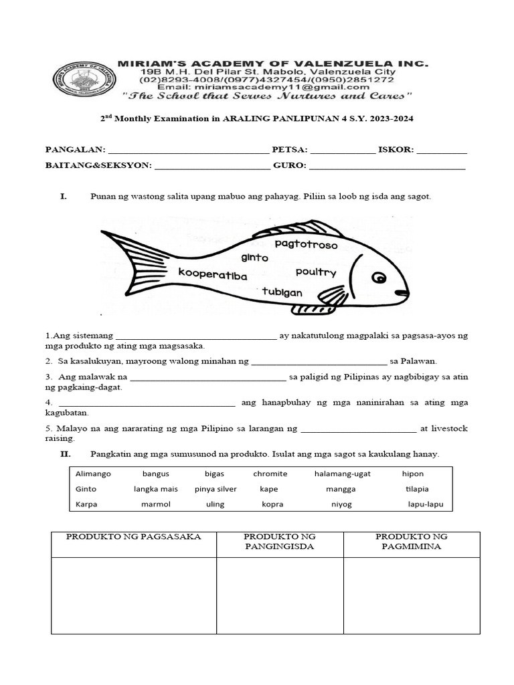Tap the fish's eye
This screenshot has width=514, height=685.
(x=379, y=278)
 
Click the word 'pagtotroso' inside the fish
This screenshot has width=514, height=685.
(x=306, y=245)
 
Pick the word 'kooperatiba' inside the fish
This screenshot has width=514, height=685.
(x=212, y=274)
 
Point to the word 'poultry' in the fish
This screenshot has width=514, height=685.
(x=315, y=272)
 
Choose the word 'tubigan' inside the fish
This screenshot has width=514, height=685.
(x=282, y=292)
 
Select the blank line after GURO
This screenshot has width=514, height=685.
(x=387, y=168)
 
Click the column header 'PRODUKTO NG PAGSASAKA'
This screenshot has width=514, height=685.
(x=133, y=537)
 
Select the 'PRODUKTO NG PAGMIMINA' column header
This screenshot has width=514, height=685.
(x=411, y=541)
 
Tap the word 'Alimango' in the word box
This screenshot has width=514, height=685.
(x=93, y=474)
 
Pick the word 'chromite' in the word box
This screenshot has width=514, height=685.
(x=270, y=474)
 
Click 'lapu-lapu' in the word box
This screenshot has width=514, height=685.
(x=426, y=504)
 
